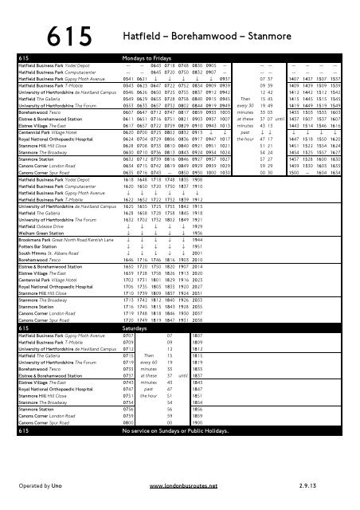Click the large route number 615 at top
tap(80, 37)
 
